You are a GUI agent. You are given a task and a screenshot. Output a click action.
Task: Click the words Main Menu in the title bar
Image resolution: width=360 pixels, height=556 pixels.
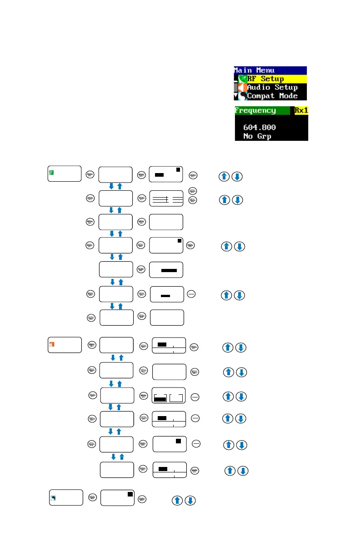pyautogui.click(x=253, y=70)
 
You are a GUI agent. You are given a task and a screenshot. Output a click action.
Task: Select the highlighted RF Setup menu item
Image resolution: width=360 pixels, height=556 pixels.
pyautogui.click(x=272, y=79)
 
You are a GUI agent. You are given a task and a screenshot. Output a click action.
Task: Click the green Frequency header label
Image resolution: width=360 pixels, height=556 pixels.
pyautogui.click(x=255, y=110)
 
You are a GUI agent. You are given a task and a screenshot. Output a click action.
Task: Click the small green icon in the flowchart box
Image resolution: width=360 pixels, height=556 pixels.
pyautogui.click(x=51, y=172)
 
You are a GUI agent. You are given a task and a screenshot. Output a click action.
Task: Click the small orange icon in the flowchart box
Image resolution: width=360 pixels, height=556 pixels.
pyautogui.click(x=51, y=344)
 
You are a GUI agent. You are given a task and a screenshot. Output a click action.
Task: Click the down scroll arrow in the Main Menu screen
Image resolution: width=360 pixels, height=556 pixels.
pyautogui.click(x=236, y=96)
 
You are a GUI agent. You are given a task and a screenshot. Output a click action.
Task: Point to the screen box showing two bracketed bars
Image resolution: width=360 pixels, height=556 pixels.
pyautogui.click(x=169, y=397)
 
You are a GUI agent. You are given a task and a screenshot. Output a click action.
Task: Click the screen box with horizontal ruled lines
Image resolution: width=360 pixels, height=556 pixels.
pyautogui.click(x=166, y=198)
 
